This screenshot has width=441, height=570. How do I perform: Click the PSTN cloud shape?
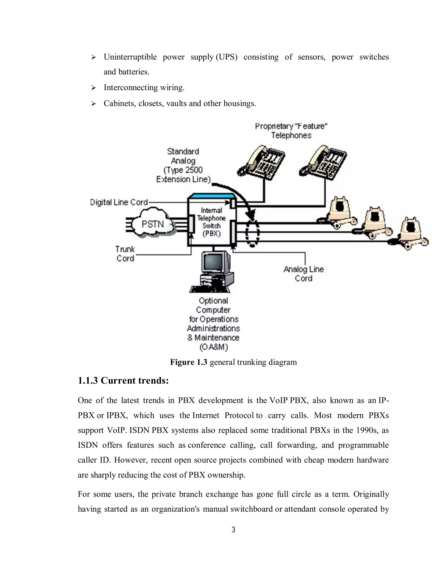click(x=153, y=224)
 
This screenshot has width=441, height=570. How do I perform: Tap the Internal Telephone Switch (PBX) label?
click(x=211, y=222)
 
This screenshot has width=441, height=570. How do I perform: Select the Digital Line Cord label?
click(x=119, y=202)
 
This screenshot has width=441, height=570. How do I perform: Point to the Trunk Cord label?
click(x=125, y=254)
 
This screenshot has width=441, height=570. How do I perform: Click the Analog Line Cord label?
click(x=304, y=274)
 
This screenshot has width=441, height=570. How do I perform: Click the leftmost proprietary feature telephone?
click(x=261, y=163)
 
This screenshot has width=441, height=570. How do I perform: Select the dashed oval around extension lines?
click(x=252, y=233)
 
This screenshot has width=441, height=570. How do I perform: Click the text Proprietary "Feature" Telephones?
click(x=291, y=131)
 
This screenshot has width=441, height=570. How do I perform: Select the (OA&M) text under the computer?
click(x=213, y=347)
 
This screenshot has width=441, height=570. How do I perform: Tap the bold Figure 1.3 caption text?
click(x=189, y=362)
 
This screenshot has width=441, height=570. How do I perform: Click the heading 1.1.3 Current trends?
click(x=123, y=381)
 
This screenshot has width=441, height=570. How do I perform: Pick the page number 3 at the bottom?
click(x=233, y=530)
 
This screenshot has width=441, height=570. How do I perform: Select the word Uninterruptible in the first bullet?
click(x=130, y=57)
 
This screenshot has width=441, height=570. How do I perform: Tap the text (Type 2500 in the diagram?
click(x=183, y=170)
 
